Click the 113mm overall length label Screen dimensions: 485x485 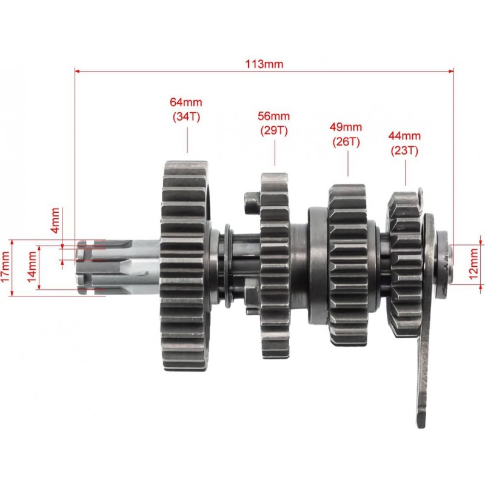[264, 64]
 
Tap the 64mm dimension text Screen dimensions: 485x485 [186, 102]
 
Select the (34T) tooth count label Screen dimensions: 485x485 [186, 116]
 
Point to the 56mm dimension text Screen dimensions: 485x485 [274, 116]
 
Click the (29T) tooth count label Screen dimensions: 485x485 [274, 130]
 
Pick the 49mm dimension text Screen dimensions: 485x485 [346, 127]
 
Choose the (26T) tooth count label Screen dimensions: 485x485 [346, 142]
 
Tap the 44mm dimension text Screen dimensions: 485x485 [404, 136]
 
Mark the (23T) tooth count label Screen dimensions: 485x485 [404, 150]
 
